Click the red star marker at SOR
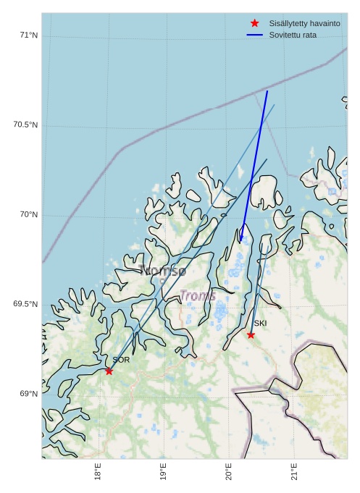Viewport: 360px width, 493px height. (109, 371)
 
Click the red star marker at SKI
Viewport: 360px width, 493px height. (251, 335)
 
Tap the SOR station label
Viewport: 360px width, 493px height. (121, 360)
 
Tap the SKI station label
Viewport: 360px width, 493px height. (260, 324)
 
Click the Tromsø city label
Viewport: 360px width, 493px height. (163, 271)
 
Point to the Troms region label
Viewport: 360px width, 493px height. (198, 295)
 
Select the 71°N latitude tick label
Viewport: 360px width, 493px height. (28, 35)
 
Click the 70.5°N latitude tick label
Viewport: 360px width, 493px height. (25, 125)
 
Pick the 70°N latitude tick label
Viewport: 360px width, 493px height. (28, 215)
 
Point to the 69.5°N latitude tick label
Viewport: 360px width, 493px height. (25, 305)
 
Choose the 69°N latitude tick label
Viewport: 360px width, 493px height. (28, 395)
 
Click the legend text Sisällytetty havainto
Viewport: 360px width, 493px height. (304, 24)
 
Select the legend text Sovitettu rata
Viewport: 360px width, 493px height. (293, 35)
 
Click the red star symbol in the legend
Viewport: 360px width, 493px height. (254, 23)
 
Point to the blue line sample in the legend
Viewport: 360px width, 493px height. (254, 35)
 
